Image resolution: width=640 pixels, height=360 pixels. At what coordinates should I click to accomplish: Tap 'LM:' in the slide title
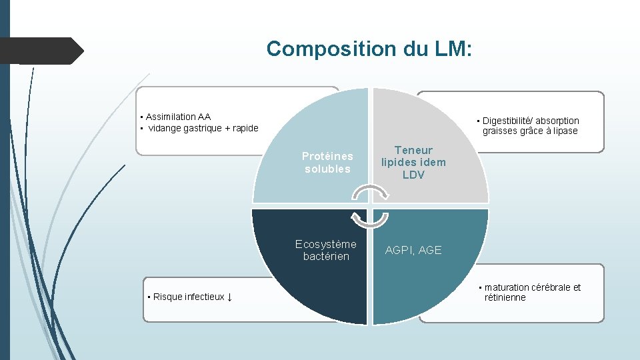pyautogui.click(x=453, y=49)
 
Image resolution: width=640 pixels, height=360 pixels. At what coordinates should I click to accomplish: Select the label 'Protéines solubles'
pyautogui.click(x=327, y=163)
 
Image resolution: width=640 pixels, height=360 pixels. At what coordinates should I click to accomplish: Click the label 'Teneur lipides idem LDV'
pyautogui.click(x=413, y=163)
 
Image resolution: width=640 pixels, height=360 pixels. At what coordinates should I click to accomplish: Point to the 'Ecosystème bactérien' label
pyautogui.click(x=326, y=250)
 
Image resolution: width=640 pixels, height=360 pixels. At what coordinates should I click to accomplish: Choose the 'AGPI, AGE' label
pyautogui.click(x=413, y=250)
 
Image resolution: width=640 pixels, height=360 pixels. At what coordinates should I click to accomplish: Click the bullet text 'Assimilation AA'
pyautogui.click(x=178, y=117)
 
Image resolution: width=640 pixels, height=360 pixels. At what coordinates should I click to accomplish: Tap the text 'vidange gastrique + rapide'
pyautogui.click(x=203, y=128)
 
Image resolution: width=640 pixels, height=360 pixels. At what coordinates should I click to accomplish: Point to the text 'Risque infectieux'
pyautogui.click(x=189, y=297)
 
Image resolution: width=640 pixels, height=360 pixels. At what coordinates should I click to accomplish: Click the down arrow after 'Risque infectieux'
pyautogui.click(x=229, y=297)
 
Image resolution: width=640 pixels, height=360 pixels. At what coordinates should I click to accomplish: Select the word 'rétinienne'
pyautogui.click(x=505, y=297)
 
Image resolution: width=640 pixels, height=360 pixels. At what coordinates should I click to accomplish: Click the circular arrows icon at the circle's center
pyautogui.click(x=369, y=207)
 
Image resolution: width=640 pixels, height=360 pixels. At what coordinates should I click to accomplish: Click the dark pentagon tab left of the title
pyautogui.click(x=40, y=51)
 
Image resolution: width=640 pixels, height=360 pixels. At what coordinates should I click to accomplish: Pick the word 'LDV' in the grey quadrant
pyautogui.click(x=413, y=175)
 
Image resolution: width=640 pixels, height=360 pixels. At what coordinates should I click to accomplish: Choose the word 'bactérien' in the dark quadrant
pyautogui.click(x=326, y=256)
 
